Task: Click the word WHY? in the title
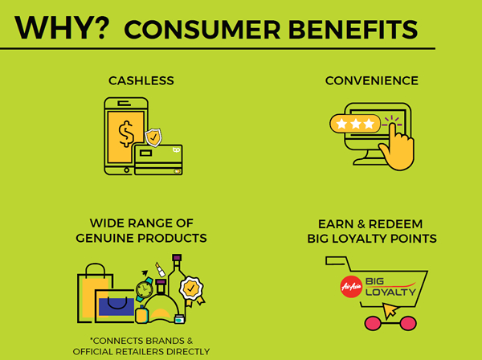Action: pyautogui.click(x=62, y=27)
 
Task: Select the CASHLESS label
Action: pyautogui.click(x=141, y=81)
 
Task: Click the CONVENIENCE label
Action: pyautogui.click(x=372, y=81)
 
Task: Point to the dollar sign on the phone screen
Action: pyautogui.click(x=126, y=134)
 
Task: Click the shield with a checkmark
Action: pyautogui.click(x=153, y=137)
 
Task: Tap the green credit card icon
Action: pyautogui.click(x=158, y=160)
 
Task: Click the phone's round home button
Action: pyautogui.click(x=126, y=170)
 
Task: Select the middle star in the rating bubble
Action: pyautogui.click(x=356, y=124)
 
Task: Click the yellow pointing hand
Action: pyautogui.click(x=397, y=149)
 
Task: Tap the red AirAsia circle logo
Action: pyautogui.click(x=351, y=287)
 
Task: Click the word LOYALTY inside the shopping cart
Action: pyautogui.click(x=390, y=292)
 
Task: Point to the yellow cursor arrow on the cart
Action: pyautogui.click(x=390, y=310)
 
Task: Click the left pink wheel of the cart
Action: pyautogui.click(x=374, y=323)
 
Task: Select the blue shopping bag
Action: pyautogui.click(x=116, y=306)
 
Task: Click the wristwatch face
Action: pyautogui.click(x=144, y=289)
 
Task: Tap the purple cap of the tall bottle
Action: pyautogui.click(x=177, y=258)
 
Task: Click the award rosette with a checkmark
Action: pyautogui.click(x=191, y=288)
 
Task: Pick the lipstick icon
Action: pyautogui.click(x=160, y=269)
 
